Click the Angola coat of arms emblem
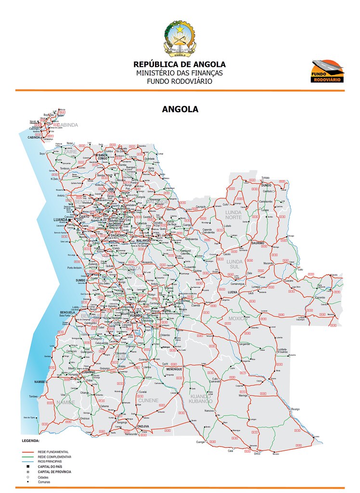pos(180,38)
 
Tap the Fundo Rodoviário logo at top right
pos(327,71)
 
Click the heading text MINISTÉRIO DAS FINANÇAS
pos(180,73)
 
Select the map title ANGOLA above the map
pos(180,109)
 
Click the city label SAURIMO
pos(257,243)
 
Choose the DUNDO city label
pos(267,185)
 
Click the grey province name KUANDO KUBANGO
pos(201,398)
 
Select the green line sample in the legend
pos(29,456)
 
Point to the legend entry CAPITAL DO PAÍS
pos(51,467)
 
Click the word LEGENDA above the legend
pos(30,441)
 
